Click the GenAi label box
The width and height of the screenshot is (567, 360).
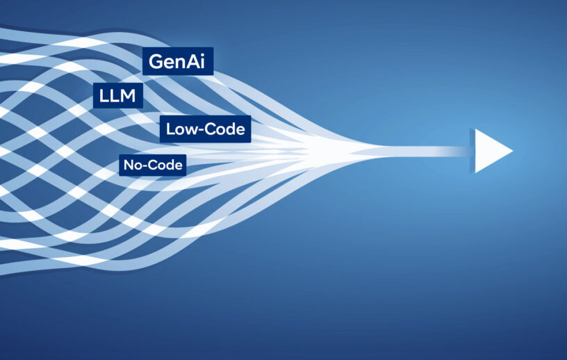[178, 61]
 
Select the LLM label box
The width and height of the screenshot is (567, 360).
[118, 95]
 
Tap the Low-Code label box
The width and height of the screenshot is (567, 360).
[206, 129]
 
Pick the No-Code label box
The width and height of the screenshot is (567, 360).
[153, 165]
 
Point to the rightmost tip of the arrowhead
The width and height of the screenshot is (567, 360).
[513, 151]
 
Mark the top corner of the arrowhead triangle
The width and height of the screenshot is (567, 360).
[475, 129]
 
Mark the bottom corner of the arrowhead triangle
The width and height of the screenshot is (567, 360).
[475, 173]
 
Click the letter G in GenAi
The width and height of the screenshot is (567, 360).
[156, 62]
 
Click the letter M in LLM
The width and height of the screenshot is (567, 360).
[128, 95]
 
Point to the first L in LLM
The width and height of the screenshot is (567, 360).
[104, 95]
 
